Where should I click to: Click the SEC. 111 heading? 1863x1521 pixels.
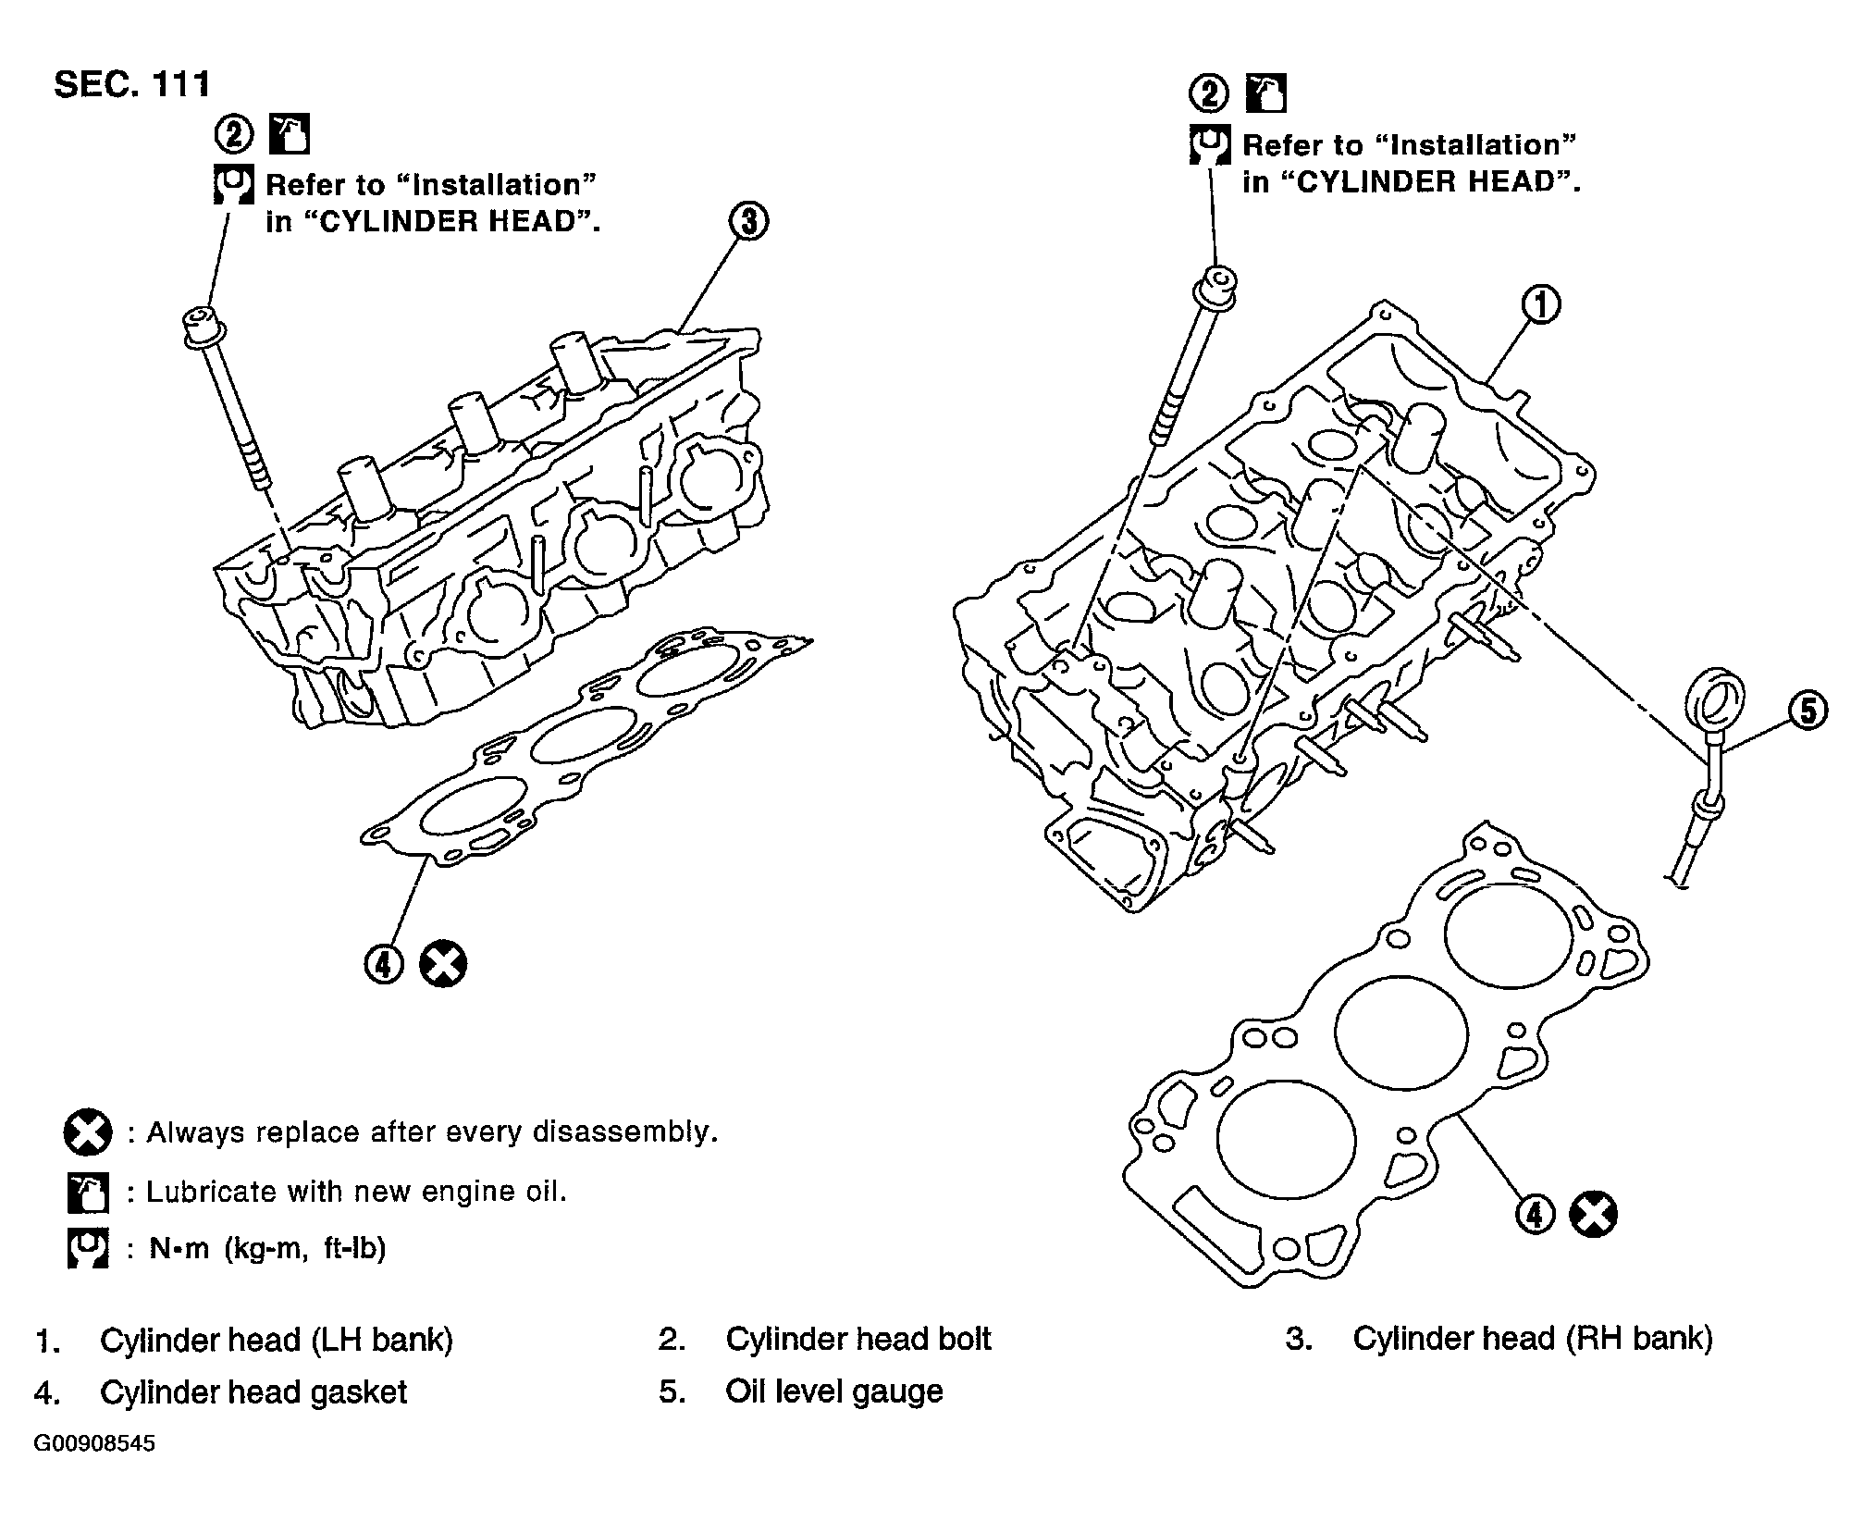132,85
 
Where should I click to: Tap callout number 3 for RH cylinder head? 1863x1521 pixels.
748,222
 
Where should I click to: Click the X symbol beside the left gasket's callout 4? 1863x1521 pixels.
443,965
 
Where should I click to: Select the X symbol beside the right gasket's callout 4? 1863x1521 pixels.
1594,1214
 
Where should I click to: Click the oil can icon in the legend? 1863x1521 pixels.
88,1193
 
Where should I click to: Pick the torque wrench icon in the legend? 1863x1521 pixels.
88,1248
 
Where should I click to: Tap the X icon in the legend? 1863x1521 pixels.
88,1132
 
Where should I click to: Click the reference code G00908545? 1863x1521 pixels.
95,1444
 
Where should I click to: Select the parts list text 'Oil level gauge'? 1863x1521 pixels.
834,1391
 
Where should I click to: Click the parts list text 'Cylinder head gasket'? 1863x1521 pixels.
253,1392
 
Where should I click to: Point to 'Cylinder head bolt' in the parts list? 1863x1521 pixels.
858,1339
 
